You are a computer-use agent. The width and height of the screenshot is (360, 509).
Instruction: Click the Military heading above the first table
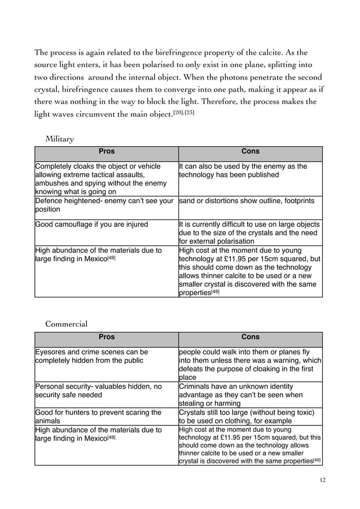click(59, 138)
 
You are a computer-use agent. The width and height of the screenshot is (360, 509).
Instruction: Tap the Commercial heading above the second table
click(66, 324)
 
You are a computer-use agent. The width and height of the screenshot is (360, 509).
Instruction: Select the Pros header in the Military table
click(107, 152)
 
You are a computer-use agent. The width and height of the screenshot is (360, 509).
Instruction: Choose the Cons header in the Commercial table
click(250, 337)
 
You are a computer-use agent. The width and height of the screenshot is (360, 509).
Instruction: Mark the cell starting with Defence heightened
click(105, 205)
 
